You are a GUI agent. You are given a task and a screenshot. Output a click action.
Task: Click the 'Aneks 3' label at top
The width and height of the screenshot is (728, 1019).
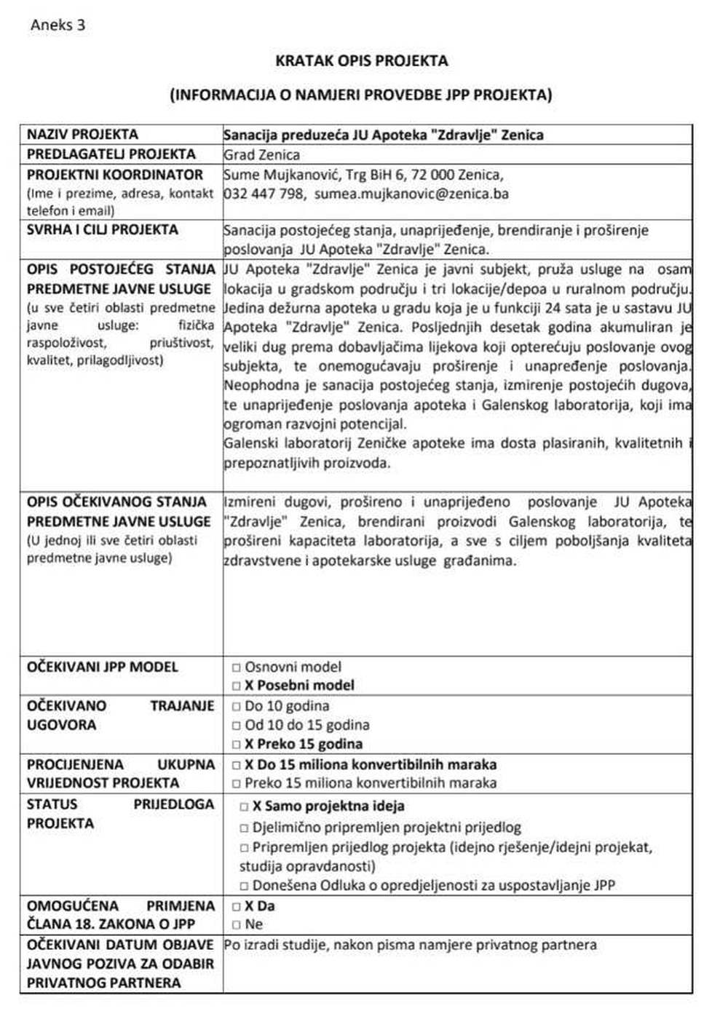tap(58, 25)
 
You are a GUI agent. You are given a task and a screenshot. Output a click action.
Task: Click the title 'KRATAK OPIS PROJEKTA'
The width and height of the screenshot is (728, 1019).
tap(361, 61)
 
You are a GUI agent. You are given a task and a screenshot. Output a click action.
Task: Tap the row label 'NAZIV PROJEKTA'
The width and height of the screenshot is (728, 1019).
tap(82, 135)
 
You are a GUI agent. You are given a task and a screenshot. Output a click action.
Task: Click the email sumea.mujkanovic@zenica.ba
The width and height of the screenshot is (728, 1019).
tap(411, 194)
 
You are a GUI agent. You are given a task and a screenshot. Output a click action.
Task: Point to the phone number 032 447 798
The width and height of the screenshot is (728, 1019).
tap(264, 194)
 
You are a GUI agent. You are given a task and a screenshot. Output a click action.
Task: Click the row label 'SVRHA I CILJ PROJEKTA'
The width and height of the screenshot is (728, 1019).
tap(103, 230)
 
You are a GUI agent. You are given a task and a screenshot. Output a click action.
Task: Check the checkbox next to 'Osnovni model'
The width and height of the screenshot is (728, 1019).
tap(237, 667)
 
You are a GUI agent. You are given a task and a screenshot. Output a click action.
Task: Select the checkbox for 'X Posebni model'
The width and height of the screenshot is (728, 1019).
tap(237, 686)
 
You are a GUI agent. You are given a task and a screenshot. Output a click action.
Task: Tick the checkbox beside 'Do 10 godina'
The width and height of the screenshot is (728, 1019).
tap(237, 707)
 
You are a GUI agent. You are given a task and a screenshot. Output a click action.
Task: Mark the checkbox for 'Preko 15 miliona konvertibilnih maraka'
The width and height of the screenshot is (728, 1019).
tap(237, 784)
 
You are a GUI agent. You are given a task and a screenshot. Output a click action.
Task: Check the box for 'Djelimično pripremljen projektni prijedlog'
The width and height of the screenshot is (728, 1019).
tap(245, 828)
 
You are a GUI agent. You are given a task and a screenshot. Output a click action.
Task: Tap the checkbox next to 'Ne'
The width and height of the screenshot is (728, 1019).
tap(237, 925)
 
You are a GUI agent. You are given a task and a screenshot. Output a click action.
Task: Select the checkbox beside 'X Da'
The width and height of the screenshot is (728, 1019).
tap(237, 907)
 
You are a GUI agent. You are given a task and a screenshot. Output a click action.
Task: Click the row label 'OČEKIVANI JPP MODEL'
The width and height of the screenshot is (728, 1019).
tap(103, 667)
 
